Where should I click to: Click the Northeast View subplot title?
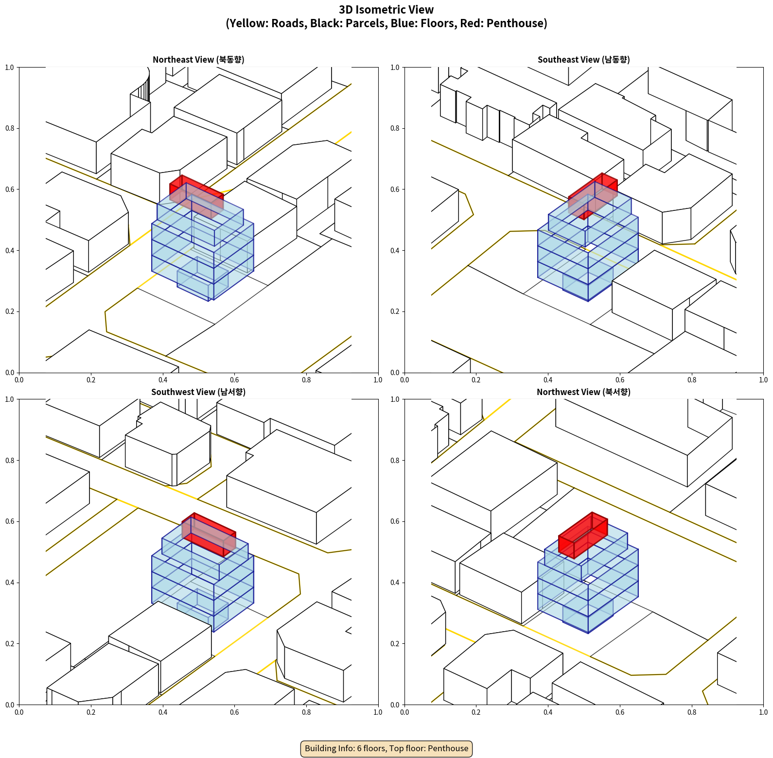pyautogui.click(x=198, y=60)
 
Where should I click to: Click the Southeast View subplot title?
pyautogui.click(x=583, y=60)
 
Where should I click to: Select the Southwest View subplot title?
pyautogui.click(x=198, y=392)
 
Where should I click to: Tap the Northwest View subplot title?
pyautogui.click(x=583, y=392)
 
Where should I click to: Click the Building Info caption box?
pyautogui.click(x=386, y=748)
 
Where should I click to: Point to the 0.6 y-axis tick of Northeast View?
pyautogui.click(x=10, y=189)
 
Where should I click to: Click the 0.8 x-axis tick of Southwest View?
pyautogui.click(x=306, y=712)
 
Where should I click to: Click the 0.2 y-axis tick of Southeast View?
pyautogui.click(x=395, y=311)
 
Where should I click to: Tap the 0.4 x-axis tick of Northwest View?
pyautogui.click(x=548, y=712)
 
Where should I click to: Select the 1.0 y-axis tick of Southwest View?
pyautogui.click(x=10, y=399)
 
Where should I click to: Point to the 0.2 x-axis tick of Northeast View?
pyautogui.click(x=91, y=380)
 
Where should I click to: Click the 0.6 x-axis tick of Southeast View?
pyautogui.click(x=620, y=380)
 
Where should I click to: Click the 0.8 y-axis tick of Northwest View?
pyautogui.click(x=395, y=461)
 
